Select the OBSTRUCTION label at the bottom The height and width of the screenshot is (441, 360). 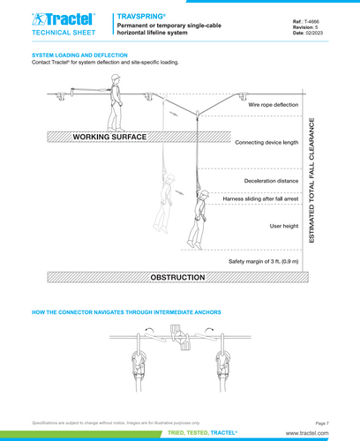pyautogui.click(x=178, y=277)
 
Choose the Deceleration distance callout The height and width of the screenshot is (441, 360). pyautogui.click(x=271, y=181)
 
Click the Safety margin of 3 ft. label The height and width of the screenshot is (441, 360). pyautogui.click(x=263, y=262)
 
